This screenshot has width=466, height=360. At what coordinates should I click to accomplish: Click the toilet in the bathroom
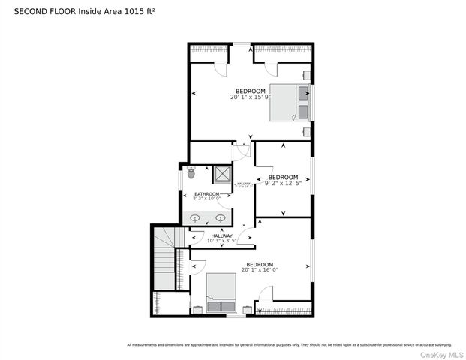point(191,173)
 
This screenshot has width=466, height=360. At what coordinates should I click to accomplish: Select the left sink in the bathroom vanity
point(195,218)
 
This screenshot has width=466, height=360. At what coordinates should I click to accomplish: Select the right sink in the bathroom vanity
point(221,218)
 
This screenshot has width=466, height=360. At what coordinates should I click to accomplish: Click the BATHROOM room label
point(206,194)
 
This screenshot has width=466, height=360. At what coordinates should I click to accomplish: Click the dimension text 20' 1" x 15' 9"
point(251,97)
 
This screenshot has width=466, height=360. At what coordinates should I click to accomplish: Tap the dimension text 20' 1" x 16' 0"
point(260,269)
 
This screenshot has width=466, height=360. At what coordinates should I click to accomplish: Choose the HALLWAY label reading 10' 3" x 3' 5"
point(221,241)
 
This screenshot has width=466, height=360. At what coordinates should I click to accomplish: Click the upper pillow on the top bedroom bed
point(302,93)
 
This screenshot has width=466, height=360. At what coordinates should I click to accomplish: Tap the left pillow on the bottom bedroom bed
point(213,305)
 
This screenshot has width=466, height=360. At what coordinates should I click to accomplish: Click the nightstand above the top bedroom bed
point(307,75)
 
